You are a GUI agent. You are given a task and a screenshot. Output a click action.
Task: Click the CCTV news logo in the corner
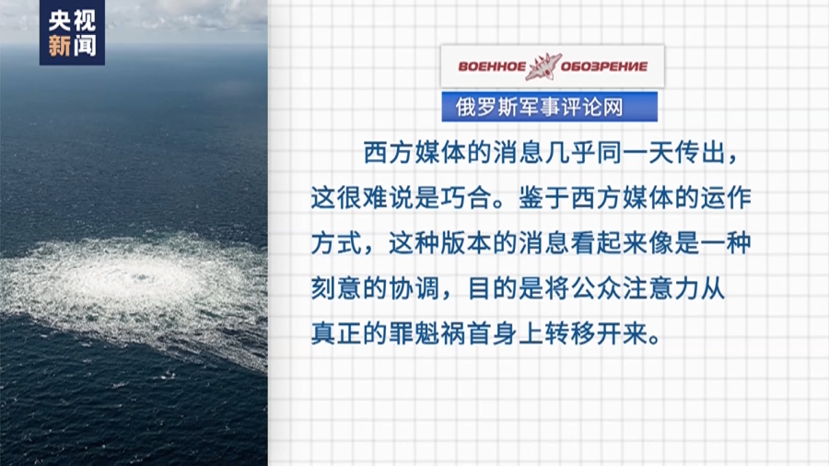coord(72,32)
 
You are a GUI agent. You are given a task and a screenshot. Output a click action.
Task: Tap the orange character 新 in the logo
coord(59,45)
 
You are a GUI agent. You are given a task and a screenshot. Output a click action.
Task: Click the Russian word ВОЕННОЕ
coord(491,66)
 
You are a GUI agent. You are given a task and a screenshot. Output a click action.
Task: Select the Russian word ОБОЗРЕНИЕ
coord(603,66)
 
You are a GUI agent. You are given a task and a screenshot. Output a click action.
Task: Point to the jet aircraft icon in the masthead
coord(543,66)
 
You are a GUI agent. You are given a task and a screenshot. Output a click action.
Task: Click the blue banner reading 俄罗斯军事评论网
coord(549,107)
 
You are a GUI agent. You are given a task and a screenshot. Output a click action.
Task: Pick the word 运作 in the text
coord(726,198)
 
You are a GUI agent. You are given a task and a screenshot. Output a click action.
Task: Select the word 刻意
coord(335,288)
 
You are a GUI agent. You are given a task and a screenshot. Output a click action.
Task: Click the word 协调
coord(414,288)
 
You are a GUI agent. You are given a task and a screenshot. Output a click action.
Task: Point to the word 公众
coord(596,288)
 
